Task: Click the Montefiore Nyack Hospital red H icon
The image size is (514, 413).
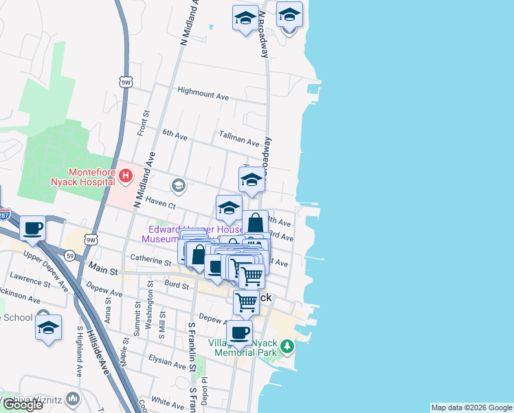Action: [125, 176]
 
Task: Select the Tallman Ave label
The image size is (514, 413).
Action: [238, 138]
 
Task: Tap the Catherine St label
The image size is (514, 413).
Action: [150, 261]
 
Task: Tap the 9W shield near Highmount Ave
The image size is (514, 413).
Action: [125, 82]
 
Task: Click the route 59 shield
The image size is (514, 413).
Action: [70, 256]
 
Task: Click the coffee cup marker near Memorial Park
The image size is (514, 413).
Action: [239, 332]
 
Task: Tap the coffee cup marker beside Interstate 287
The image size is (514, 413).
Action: [32, 228]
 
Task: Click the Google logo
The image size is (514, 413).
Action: [23, 405]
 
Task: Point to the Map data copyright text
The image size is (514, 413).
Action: [471, 407]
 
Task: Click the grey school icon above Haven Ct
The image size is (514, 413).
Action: [179, 185]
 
